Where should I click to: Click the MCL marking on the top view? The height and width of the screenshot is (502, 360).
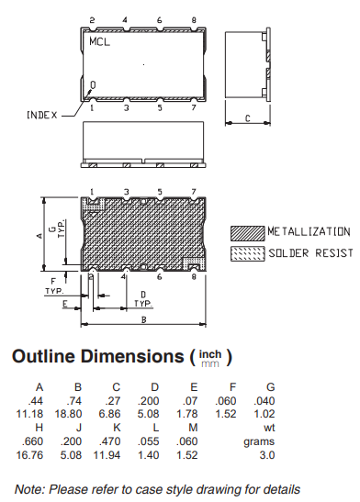pos(99,41)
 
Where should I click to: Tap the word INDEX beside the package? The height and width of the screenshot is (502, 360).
pos(42,116)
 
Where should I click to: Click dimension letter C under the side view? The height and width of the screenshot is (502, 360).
pos(248,118)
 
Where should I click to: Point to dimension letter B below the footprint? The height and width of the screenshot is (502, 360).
pos(144,320)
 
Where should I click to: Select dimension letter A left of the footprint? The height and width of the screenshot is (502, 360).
pos(39,236)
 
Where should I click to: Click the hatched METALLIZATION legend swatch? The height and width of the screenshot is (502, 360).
pos(248,233)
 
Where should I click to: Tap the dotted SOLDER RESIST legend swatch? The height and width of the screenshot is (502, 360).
pos(248,254)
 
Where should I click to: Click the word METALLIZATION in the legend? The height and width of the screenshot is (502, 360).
pos(309,231)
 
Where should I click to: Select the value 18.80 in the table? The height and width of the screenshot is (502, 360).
pos(68,414)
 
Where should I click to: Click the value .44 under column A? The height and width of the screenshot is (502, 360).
pos(35,401)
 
